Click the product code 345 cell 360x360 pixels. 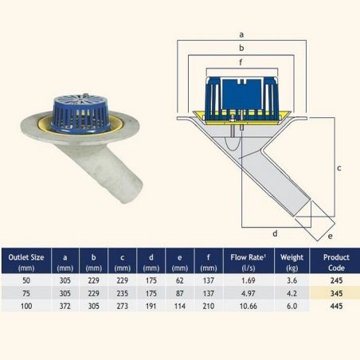coord(336,293)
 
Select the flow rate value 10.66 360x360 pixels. coord(248,306)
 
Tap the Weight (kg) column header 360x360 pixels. coord(292,262)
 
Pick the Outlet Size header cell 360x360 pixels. coord(26,262)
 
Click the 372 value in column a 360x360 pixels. coord(65,306)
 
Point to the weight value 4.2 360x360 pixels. coord(292,293)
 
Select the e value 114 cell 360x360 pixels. coord(180,306)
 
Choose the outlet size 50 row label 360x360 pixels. coord(26,280)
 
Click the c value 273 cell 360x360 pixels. coord(122,306)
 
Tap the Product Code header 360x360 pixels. coord(336,262)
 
